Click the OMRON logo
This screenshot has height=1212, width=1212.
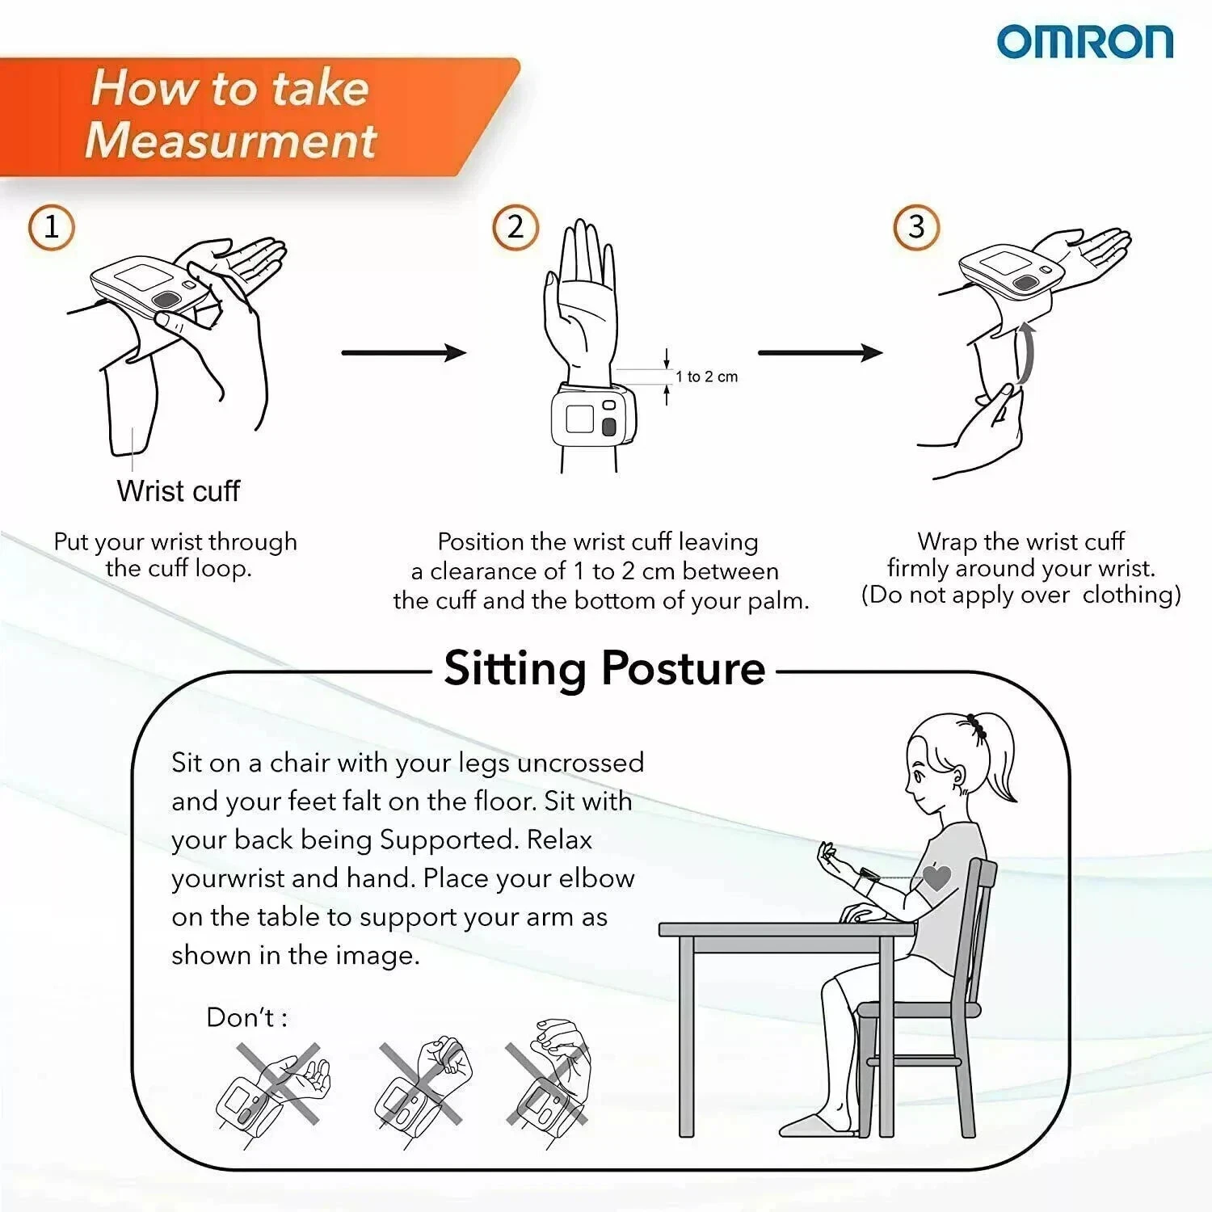point(1084,42)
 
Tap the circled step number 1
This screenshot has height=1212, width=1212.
point(52,227)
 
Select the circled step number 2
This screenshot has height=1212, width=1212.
point(516,227)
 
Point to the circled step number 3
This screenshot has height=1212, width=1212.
point(916,227)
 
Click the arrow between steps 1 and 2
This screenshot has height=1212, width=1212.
point(404,352)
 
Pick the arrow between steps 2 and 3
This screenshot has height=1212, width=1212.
point(821,352)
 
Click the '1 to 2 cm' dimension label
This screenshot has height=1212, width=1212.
point(707,377)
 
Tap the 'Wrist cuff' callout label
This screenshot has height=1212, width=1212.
point(179,491)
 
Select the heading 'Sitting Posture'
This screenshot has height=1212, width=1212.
point(604,669)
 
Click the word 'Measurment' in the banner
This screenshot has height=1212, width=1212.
point(231,140)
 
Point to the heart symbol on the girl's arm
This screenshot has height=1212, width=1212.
point(936,877)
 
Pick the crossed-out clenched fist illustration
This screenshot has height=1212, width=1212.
point(422,1088)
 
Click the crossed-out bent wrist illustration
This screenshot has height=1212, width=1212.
point(548,1083)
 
